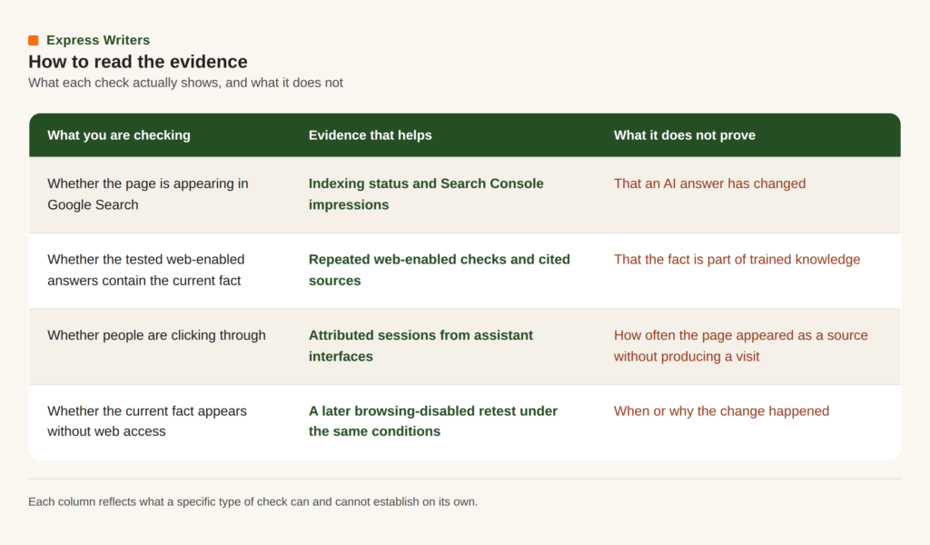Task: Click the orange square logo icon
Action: (x=34, y=40)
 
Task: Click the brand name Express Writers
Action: (x=98, y=40)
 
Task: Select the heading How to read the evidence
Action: (x=138, y=62)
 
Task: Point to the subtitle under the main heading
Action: (x=185, y=83)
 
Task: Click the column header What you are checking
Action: (x=119, y=135)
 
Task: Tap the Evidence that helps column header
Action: (x=371, y=135)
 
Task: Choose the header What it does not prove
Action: (x=685, y=135)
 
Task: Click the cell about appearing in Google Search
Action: (x=148, y=193)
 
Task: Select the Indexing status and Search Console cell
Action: (x=426, y=193)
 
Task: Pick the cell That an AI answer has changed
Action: (x=709, y=183)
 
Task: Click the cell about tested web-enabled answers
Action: (x=146, y=270)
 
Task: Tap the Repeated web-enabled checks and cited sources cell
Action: (x=439, y=270)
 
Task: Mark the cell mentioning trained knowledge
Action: (x=737, y=260)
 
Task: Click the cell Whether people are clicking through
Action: (x=156, y=336)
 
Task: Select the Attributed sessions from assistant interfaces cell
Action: (x=420, y=346)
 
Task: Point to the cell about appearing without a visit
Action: (x=741, y=346)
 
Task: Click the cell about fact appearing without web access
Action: (x=147, y=421)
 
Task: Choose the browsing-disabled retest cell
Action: (x=433, y=421)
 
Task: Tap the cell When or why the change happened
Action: (x=721, y=411)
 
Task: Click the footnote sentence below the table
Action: (x=252, y=501)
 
